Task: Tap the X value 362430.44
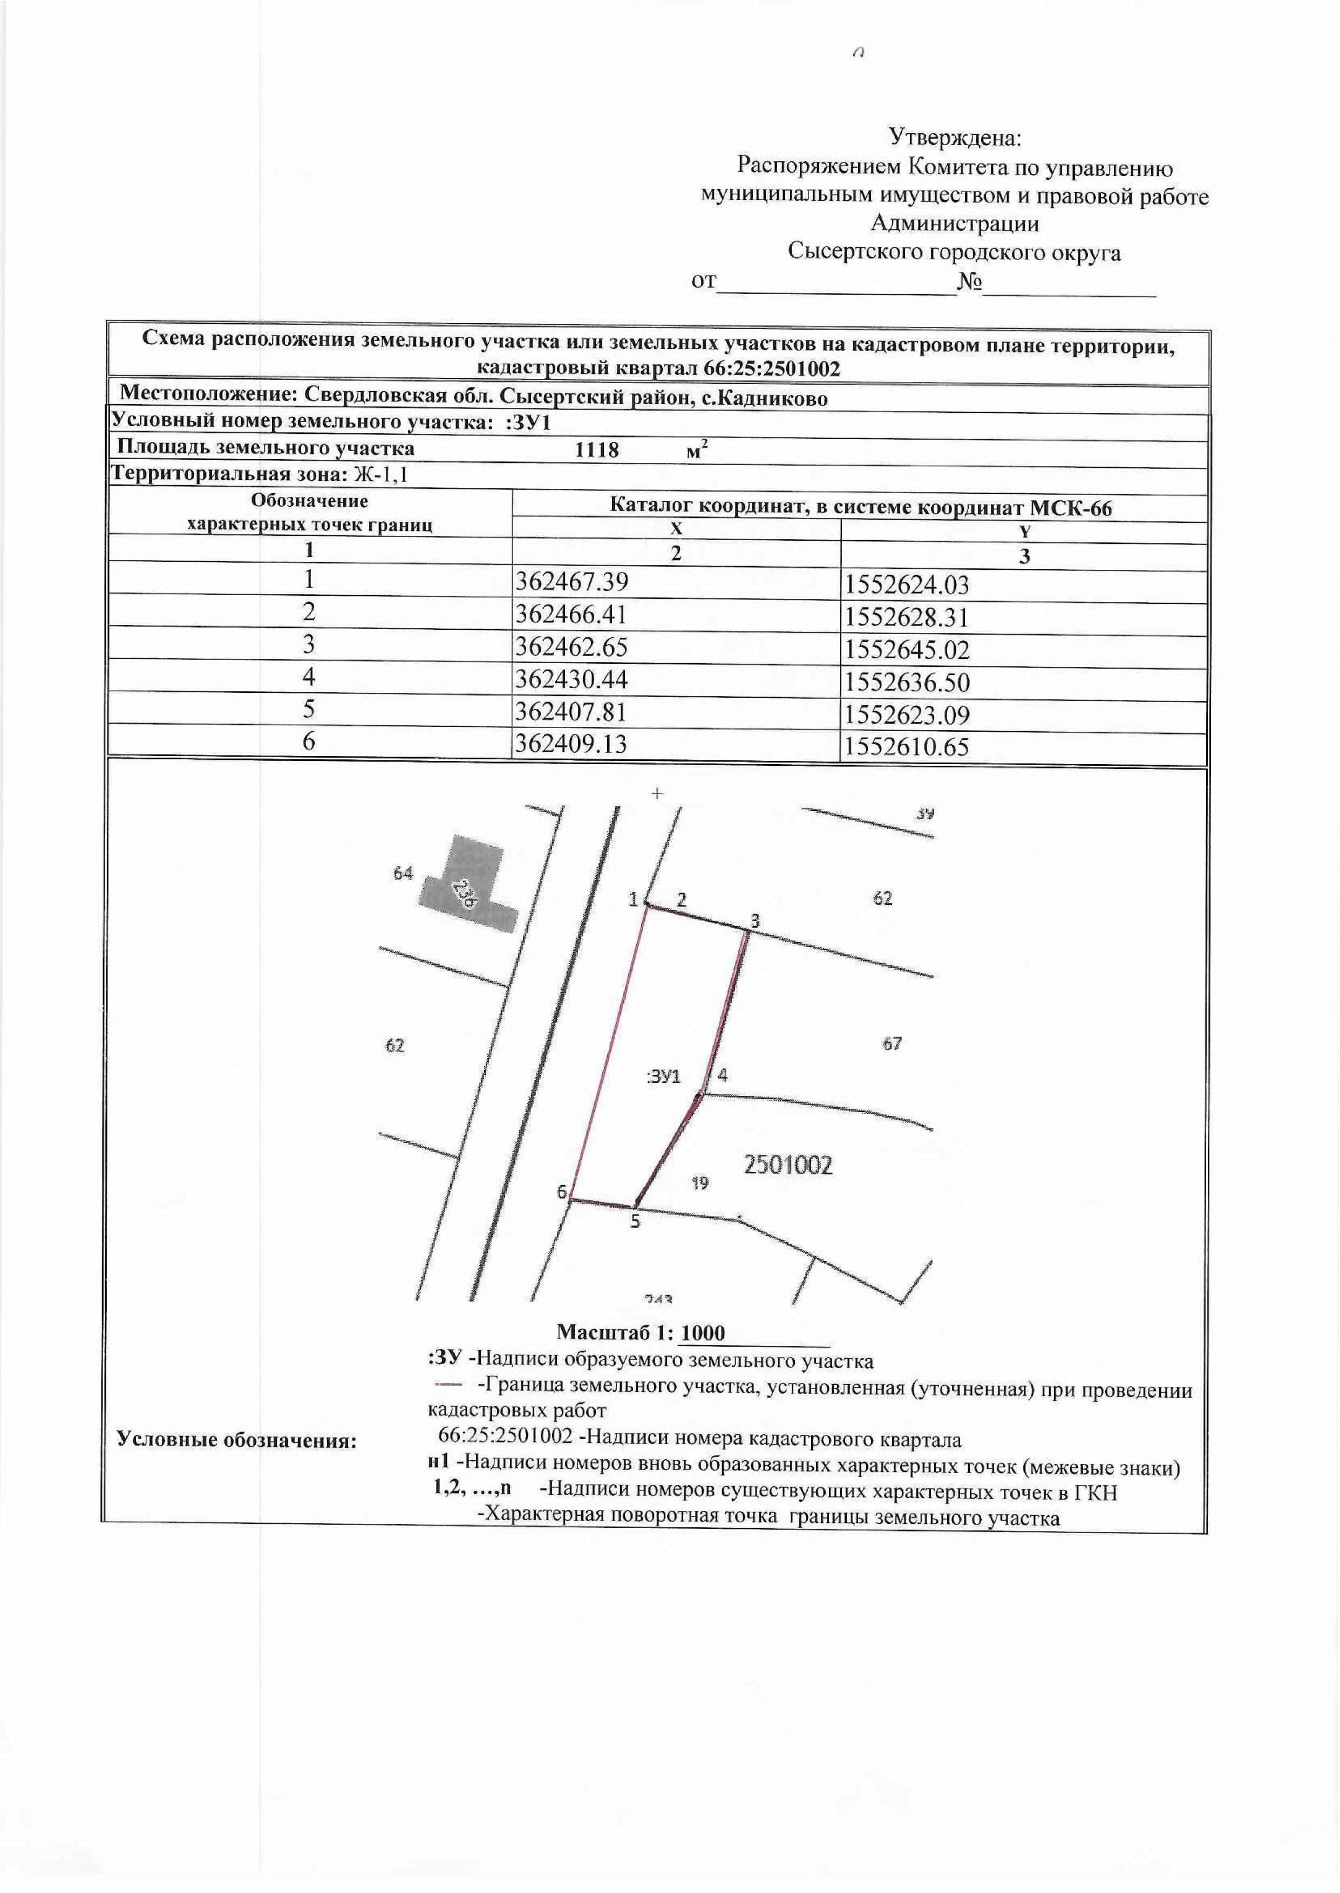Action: [x=571, y=679]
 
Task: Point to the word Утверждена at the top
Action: [x=955, y=136]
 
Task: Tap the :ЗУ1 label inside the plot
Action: [x=663, y=1077]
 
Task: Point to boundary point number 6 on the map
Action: [x=572, y=1200]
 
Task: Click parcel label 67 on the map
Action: [x=892, y=1044]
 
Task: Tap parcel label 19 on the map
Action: [x=700, y=1183]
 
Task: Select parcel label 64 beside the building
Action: [x=403, y=873]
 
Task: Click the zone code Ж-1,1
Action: [x=381, y=475]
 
